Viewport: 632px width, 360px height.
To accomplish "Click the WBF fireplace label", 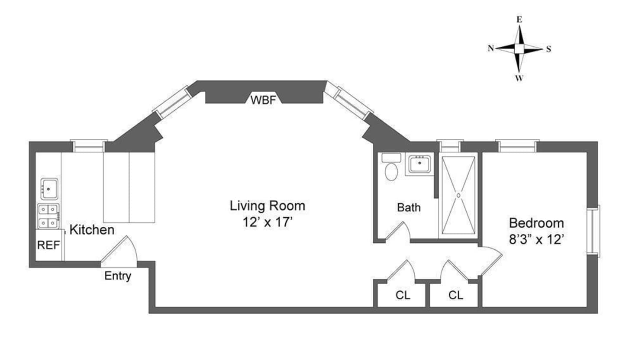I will [x=263, y=100].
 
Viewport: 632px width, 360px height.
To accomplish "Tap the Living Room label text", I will [x=267, y=206].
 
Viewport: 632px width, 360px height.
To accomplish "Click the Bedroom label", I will [x=536, y=223].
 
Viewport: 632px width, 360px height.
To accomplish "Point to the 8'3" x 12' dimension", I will [x=536, y=239].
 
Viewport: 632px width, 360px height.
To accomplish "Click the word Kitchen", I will [x=92, y=230].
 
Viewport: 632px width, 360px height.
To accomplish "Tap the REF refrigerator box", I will [x=48, y=245].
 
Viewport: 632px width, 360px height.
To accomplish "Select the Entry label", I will [x=117, y=276].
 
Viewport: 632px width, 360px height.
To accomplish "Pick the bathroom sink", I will [x=419, y=164].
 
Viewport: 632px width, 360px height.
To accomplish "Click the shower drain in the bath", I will [x=458, y=196].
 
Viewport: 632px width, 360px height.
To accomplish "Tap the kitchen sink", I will [x=49, y=189].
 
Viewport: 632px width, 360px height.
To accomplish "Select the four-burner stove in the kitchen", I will [x=48, y=216].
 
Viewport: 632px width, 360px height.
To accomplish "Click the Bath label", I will [x=409, y=208].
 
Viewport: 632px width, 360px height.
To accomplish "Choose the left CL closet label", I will [x=403, y=295].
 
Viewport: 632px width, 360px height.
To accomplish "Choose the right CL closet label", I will [x=455, y=295].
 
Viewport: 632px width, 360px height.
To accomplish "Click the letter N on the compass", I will [x=490, y=48].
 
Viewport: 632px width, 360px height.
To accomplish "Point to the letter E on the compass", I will [x=519, y=19].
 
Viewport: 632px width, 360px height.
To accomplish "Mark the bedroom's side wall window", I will [x=593, y=231].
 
